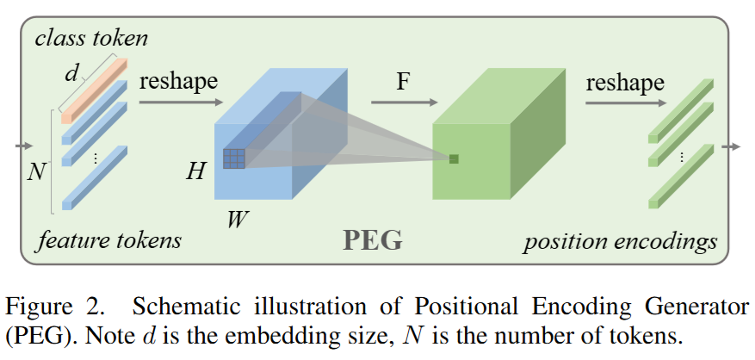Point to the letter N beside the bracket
[36, 172]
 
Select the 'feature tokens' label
[108, 239]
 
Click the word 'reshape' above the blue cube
[178, 82]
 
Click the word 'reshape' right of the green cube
[625, 83]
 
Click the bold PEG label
[373, 239]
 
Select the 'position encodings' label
[620, 240]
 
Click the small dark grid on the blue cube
[234, 158]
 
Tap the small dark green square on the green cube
[453, 158]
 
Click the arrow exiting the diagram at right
[731, 147]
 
